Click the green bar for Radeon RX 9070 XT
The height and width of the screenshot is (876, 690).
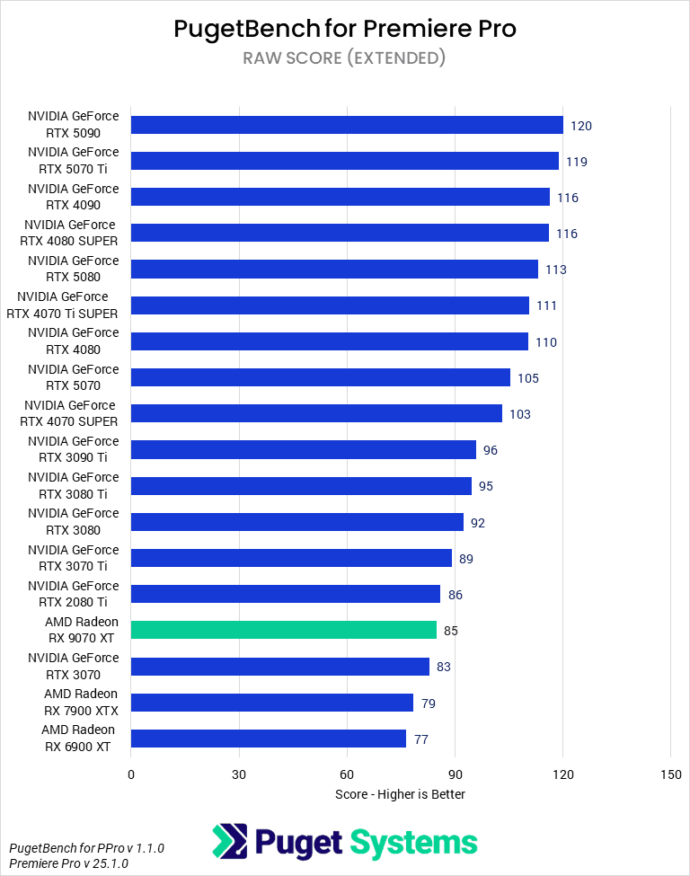tap(283, 630)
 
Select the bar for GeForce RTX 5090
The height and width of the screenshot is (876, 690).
tap(347, 125)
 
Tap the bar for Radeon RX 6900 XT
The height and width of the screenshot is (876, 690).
tap(269, 739)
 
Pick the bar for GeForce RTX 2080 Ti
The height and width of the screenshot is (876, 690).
tap(285, 594)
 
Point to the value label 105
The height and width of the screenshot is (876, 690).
tap(527, 378)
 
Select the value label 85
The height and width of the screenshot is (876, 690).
tap(450, 631)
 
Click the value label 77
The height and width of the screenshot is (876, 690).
tap(420, 739)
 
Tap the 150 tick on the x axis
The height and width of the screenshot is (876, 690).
tap(670, 774)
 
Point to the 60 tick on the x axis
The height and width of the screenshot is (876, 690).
tap(347, 774)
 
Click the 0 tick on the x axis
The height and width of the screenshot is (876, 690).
tap(131, 774)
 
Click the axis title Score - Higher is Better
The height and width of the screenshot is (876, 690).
tap(400, 794)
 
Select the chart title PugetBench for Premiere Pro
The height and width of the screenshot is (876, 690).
tap(345, 29)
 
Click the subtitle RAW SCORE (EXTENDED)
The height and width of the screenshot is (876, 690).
tap(345, 58)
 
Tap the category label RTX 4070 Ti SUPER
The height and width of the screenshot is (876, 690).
tap(67, 305)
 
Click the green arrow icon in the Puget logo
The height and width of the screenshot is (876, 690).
tap(230, 842)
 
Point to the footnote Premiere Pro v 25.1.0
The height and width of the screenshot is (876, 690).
tap(68, 863)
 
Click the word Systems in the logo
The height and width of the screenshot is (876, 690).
tap(413, 843)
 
